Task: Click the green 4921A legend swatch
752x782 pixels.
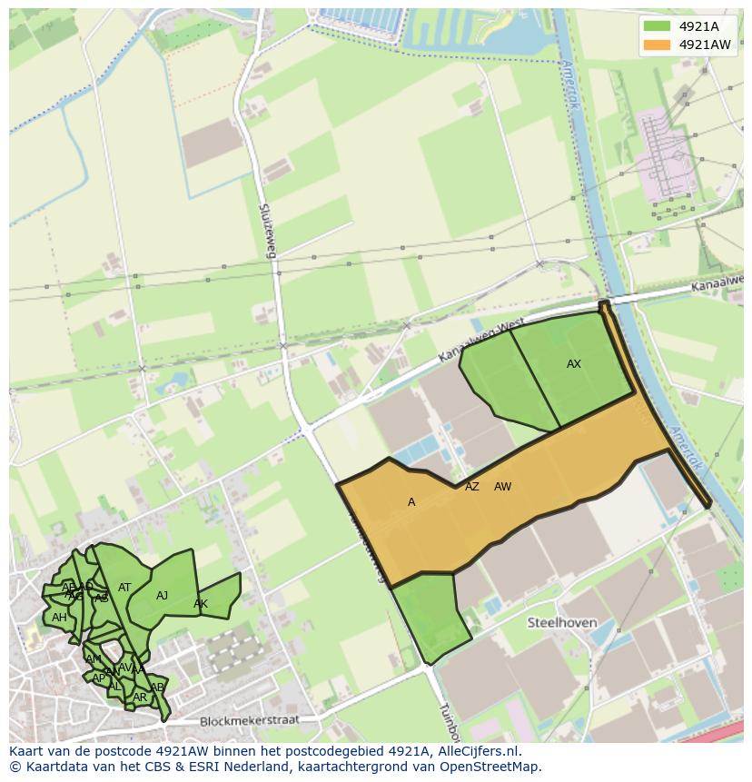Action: (658, 26)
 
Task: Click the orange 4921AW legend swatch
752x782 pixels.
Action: (658, 45)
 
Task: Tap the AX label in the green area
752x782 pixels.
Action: (574, 364)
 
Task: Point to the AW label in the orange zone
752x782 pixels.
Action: (502, 487)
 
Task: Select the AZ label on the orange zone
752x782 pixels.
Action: (472, 487)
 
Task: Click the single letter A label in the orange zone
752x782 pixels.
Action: (411, 502)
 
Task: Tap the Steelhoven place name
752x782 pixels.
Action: (562, 622)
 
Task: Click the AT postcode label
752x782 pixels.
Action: (124, 588)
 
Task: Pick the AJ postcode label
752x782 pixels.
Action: (163, 596)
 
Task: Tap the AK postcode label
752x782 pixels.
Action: (201, 604)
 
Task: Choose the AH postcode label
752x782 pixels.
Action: (59, 618)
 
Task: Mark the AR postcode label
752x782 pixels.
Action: (140, 698)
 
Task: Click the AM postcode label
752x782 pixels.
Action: (94, 658)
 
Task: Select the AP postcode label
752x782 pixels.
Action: (98, 678)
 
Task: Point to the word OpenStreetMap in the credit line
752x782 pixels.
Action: (490, 767)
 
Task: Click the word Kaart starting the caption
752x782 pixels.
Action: (26, 751)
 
